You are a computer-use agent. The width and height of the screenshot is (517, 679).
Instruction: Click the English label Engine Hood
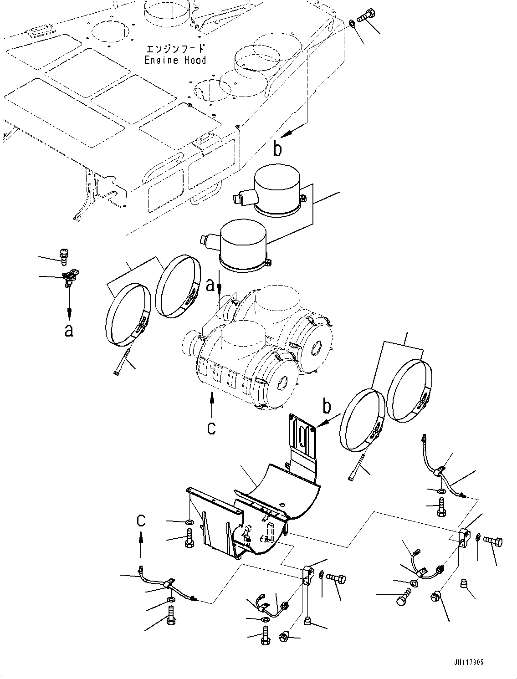click(175, 60)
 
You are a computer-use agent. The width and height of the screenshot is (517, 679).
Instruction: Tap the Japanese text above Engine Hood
click(175, 49)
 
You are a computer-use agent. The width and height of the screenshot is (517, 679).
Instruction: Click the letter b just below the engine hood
click(277, 149)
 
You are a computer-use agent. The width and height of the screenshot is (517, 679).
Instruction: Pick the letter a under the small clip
click(69, 330)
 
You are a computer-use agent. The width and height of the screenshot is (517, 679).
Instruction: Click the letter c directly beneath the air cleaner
click(211, 428)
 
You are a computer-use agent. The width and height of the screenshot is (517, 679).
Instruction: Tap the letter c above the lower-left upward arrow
click(141, 520)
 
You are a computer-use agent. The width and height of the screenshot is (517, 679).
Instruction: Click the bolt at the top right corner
click(365, 15)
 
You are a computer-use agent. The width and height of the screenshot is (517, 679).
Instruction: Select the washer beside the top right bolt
click(353, 23)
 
